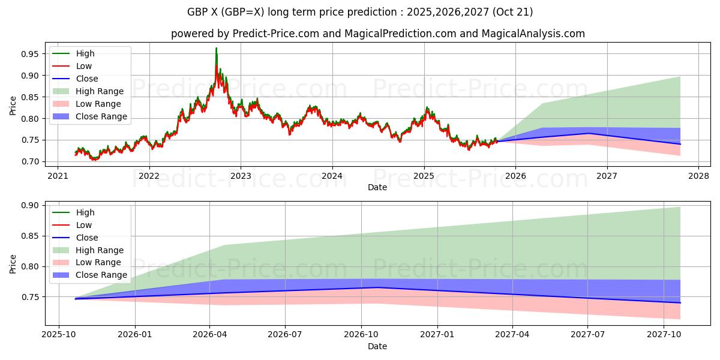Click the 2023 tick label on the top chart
(241, 176)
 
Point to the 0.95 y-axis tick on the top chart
(31, 54)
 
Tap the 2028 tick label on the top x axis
(698, 176)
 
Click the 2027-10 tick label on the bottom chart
(664, 334)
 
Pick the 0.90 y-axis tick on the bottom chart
(31, 205)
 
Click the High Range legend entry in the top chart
(100, 91)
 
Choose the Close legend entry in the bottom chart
(87, 238)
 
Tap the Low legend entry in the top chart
(84, 66)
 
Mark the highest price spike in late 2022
(216, 48)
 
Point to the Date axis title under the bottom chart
(377, 346)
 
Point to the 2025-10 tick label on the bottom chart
(59, 334)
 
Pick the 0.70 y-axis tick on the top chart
(31, 162)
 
